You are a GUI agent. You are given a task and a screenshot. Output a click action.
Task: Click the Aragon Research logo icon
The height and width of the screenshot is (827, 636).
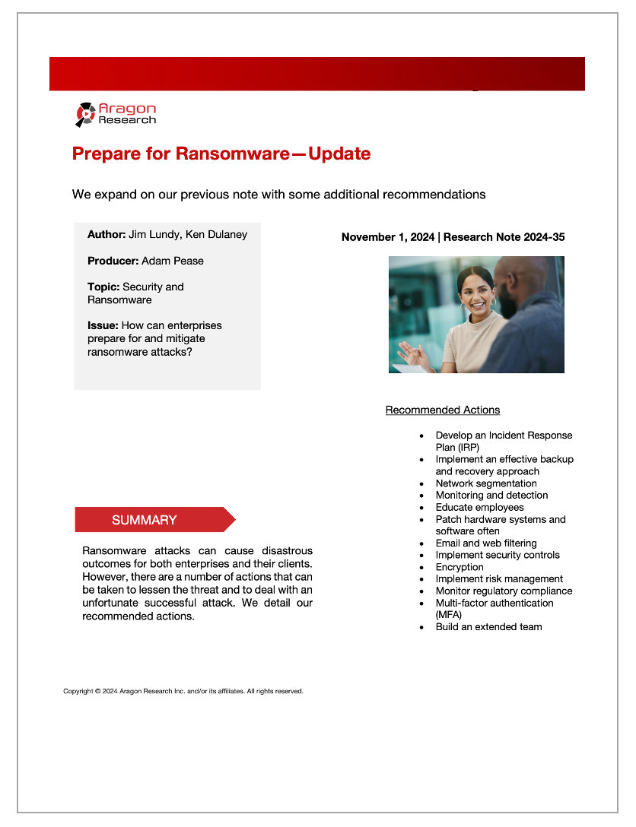point(85,114)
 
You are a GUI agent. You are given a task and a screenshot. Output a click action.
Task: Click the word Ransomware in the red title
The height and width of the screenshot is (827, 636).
point(232,154)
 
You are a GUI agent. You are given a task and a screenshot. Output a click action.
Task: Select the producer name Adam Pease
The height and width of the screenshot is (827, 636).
point(173,261)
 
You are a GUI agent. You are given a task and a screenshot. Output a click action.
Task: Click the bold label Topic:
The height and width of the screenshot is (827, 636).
point(103,287)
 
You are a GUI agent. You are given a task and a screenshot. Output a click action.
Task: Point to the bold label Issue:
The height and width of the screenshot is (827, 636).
point(103,325)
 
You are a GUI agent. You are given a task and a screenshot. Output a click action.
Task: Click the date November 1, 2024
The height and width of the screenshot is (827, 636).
point(387,237)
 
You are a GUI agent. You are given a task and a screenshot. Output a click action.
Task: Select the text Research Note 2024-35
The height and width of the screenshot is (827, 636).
point(504,237)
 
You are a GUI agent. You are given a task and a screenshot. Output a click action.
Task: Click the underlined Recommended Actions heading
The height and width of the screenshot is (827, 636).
point(442,410)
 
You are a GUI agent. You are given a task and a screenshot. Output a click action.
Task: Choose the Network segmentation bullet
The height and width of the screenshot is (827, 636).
point(485,483)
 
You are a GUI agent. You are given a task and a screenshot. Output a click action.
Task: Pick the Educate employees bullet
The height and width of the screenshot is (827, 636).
point(479,507)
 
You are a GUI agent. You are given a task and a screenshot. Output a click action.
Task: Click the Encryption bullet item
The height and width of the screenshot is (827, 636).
point(460,567)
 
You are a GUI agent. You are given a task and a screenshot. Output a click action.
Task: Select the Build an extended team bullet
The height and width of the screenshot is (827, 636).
point(488,627)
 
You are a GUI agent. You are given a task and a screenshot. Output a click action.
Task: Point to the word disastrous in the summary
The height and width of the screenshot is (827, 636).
point(278,550)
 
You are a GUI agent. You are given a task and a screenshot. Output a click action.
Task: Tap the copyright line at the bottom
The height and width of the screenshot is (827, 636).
point(183,692)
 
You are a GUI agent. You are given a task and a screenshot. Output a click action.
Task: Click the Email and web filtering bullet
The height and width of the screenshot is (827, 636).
point(485,543)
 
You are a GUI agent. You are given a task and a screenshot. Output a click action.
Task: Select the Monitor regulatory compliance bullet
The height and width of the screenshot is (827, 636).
point(504,591)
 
